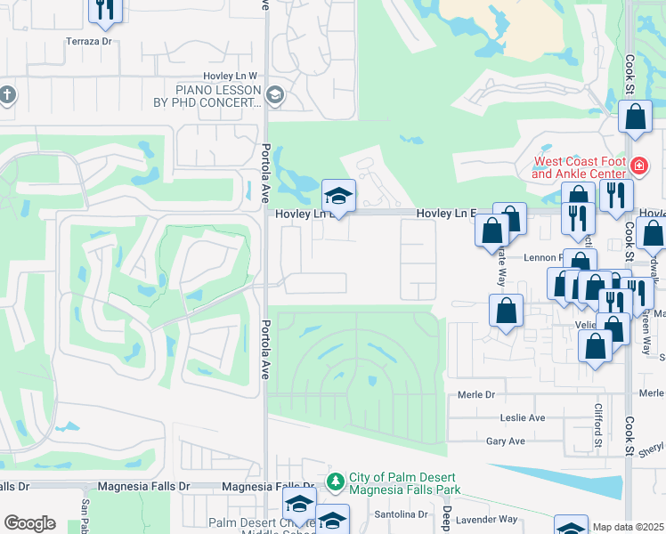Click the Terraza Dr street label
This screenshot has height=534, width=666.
point(89,41)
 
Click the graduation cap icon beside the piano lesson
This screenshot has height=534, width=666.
point(274,95)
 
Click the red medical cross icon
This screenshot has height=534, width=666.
point(638,165)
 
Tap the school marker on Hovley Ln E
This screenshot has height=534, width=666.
point(338,196)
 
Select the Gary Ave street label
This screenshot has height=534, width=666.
point(506,441)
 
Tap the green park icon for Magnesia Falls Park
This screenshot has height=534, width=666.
point(335,481)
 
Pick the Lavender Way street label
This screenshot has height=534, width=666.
point(490,519)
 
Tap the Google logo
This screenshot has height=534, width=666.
point(29,523)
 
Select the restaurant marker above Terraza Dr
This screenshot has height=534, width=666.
point(106,9)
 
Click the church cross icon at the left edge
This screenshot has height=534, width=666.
point(6,94)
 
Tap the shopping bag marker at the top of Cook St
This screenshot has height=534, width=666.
point(635,117)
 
